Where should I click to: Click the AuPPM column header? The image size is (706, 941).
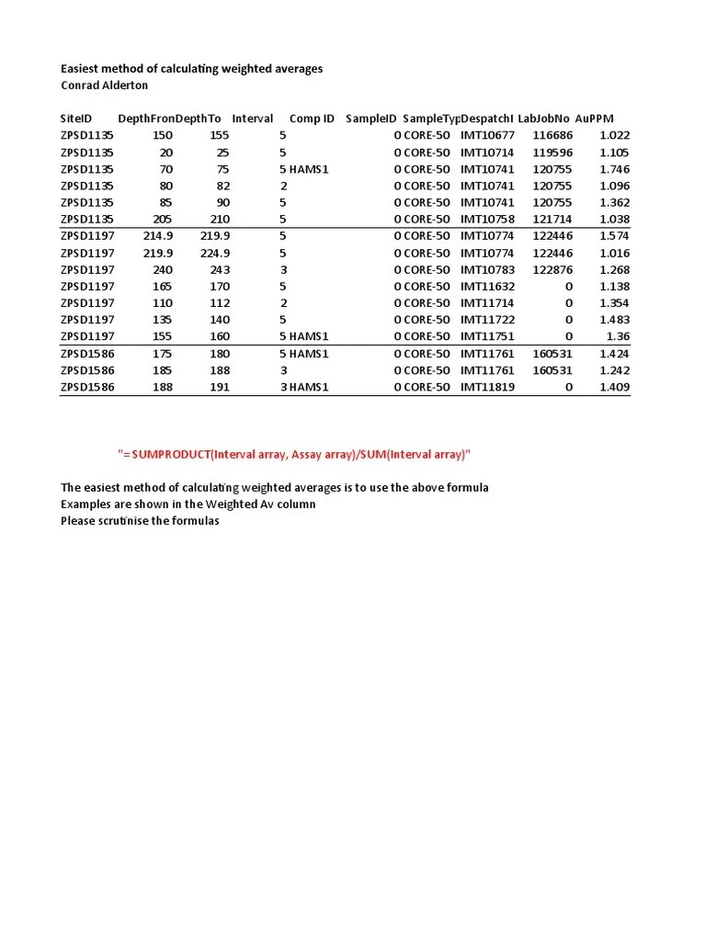[x=594, y=119]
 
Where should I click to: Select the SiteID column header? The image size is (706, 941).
[x=76, y=119]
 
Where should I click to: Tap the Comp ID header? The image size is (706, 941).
[x=312, y=119]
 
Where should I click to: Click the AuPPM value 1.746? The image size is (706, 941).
[x=613, y=169]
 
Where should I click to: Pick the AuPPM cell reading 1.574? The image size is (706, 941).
[x=613, y=236]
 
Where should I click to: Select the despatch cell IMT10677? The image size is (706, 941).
[x=487, y=136]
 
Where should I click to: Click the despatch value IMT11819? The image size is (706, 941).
[x=487, y=387]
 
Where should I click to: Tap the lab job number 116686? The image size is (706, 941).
[x=552, y=136]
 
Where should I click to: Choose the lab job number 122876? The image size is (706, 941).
[x=552, y=270]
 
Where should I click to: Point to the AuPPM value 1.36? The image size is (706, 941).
[x=617, y=336]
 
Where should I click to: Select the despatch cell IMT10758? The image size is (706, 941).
[x=487, y=220]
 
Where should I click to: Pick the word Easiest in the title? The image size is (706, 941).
[x=81, y=69]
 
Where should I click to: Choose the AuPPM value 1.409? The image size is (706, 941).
[x=613, y=387]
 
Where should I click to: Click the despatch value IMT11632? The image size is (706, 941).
[x=487, y=287]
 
